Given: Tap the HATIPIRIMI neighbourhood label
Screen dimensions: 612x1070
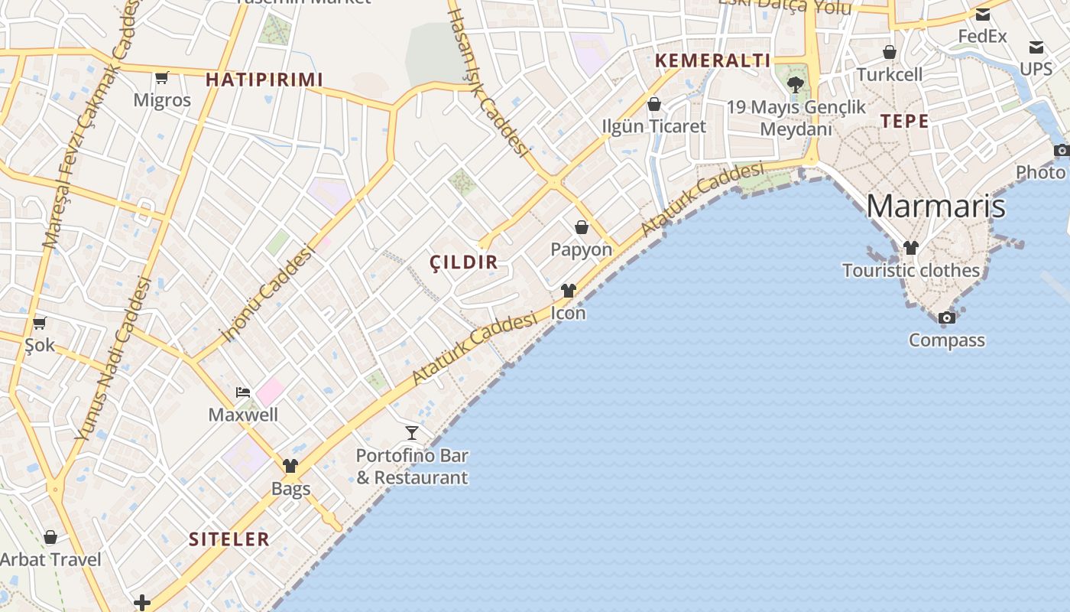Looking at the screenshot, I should click(264, 80).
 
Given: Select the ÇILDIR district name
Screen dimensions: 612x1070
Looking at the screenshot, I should click(464, 262).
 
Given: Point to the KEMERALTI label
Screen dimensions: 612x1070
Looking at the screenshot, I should click(712, 61).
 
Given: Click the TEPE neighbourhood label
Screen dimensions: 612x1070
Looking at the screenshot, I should click(904, 122).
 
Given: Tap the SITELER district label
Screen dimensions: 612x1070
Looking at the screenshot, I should click(229, 539).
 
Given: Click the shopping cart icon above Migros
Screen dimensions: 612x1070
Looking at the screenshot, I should click(162, 77).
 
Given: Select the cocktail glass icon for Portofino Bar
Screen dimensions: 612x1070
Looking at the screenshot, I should click(412, 433).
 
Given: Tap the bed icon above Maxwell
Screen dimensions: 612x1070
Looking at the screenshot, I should click(243, 392).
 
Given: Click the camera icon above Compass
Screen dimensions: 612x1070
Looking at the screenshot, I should click(947, 317).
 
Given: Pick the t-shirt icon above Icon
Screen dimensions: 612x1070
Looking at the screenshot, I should click(568, 291).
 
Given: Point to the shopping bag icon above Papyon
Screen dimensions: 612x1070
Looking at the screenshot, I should click(582, 227).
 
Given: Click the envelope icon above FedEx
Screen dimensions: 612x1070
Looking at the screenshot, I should click(983, 14).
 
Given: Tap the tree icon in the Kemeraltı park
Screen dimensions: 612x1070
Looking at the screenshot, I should click(796, 84).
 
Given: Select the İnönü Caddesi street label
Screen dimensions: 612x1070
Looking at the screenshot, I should click(267, 293).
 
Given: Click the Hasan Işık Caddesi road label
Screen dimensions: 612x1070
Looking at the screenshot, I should click(489, 80).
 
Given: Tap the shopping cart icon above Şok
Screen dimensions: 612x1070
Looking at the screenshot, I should click(40, 323).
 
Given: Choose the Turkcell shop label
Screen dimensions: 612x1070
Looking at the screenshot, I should click(890, 75).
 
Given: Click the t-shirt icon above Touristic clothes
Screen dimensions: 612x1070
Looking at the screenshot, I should click(910, 248).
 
